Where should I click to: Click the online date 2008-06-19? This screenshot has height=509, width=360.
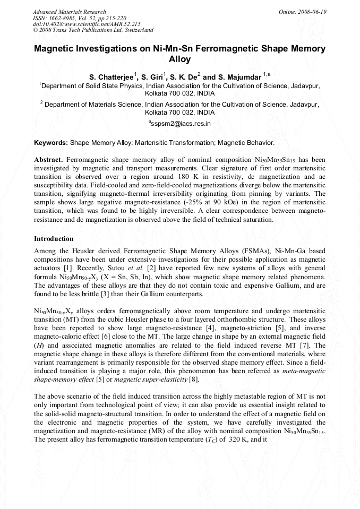point(314,11)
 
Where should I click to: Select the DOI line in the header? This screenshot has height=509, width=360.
point(87,24)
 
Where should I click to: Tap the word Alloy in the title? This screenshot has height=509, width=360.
point(179,59)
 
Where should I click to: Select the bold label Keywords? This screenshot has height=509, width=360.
point(51,143)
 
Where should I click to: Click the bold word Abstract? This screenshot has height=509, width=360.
point(48,160)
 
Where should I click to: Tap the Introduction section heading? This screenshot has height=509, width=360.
point(54,239)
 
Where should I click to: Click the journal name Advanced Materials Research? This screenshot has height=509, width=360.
point(69,11)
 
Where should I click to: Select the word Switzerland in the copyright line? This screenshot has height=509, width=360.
point(136,30)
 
